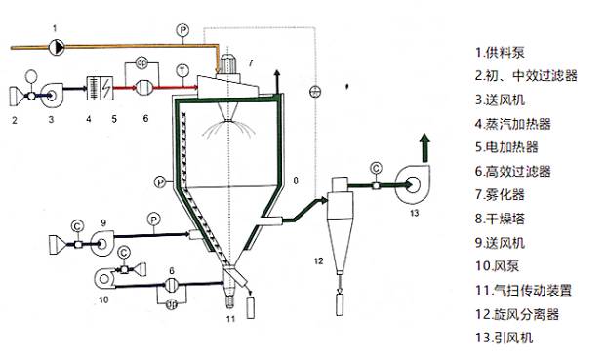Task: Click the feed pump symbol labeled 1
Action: click(57, 47)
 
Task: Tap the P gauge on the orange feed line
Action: click(182, 29)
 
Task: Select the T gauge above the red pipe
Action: click(182, 70)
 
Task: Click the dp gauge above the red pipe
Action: click(142, 63)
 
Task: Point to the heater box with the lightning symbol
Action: click(101, 88)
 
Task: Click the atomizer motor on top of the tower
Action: click(228, 65)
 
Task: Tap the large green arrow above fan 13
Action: click(425, 147)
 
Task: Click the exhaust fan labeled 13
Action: click(413, 183)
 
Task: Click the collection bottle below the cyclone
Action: click(340, 304)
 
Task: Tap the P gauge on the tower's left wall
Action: click(160, 181)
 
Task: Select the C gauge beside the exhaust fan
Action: click(376, 168)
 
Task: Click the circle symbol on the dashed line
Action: click(316, 92)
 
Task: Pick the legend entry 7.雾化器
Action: click(500, 194)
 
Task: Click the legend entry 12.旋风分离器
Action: click(517, 314)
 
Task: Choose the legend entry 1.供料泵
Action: click(500, 52)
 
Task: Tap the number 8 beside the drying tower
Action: click(296, 180)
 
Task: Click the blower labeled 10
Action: click(105, 278)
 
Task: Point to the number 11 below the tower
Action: click(230, 319)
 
